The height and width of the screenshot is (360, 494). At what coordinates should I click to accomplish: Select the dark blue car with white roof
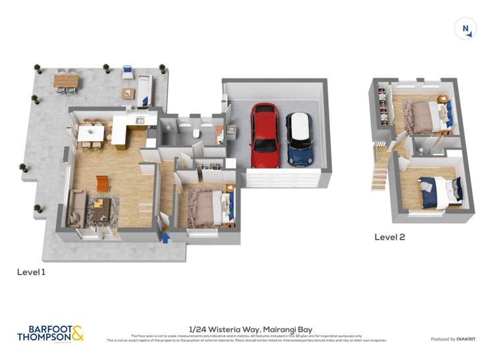pyautogui.click(x=299, y=138)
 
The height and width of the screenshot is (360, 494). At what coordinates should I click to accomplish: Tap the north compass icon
pyautogui.click(x=465, y=28)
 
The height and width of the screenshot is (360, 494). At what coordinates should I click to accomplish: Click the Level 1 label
pyautogui.click(x=31, y=271)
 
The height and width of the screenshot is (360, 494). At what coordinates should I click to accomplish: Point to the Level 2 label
pyautogui.click(x=389, y=237)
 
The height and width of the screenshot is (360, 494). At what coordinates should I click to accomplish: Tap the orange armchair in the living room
pyautogui.click(x=103, y=182)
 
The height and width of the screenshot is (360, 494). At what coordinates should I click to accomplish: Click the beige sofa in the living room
pyautogui.click(x=75, y=209)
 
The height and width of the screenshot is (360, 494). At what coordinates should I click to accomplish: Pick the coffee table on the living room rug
pyautogui.click(x=101, y=210)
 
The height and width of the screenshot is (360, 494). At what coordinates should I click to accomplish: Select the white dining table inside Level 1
pyautogui.click(x=90, y=133)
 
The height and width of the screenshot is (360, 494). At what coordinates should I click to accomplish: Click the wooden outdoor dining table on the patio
pyautogui.click(x=66, y=80)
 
